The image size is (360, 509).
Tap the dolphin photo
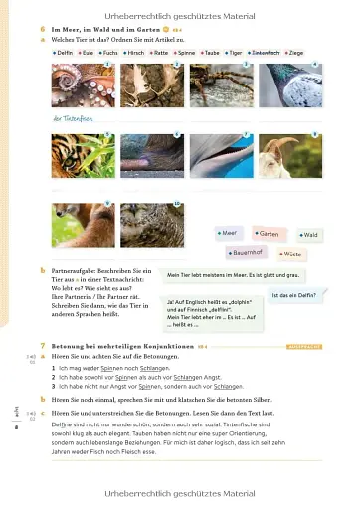point(220,154)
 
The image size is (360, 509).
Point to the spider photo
point(220,86)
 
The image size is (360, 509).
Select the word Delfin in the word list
point(65,50)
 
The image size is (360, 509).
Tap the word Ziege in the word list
point(310,50)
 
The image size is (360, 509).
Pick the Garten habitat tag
point(267,233)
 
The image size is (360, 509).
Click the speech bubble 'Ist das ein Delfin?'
point(294,295)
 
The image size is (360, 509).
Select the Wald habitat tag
point(309,234)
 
